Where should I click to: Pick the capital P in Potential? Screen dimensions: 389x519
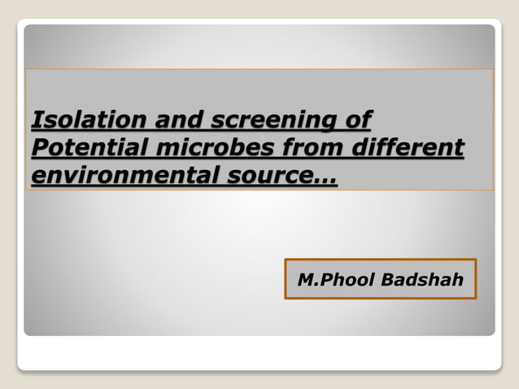(x=38, y=149)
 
